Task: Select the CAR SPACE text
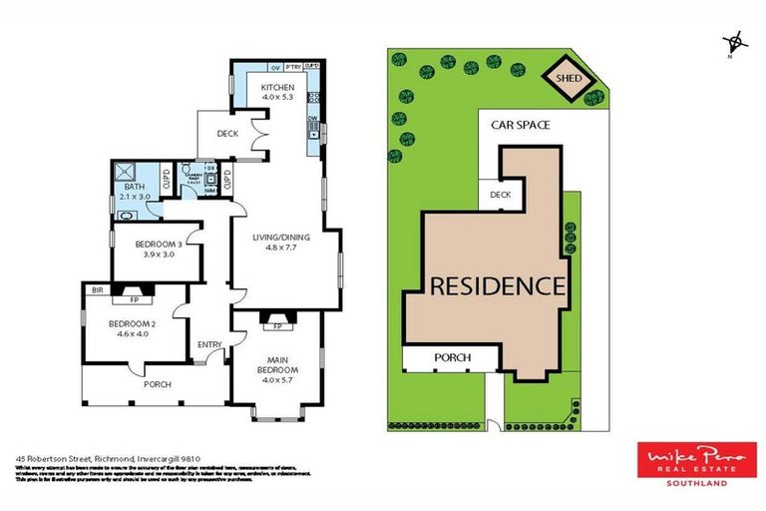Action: coord(520,126)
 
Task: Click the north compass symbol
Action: coord(735,42)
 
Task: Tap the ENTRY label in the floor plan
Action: coord(209,345)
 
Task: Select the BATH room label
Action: coord(134,187)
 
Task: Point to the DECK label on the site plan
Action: coord(499,196)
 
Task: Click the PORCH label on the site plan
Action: coord(451,357)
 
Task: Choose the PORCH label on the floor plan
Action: coord(158,384)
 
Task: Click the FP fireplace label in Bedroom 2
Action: coord(134,298)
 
